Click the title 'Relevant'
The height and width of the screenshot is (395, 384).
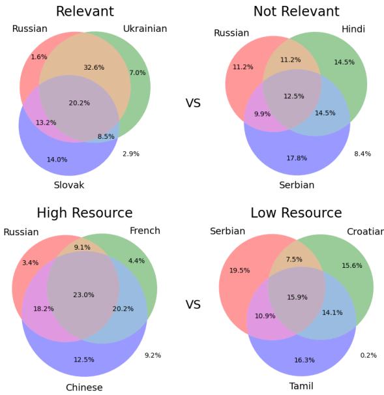coord(85,11)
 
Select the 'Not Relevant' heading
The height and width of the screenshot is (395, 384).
coord(296,11)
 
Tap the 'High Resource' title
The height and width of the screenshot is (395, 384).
coord(85,213)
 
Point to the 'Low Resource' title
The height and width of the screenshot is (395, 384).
coord(296,213)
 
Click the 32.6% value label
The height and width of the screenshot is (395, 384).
coord(93,67)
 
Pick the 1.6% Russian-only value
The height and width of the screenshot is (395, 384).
coord(38,57)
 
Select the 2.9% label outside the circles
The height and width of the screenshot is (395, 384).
coord(131,154)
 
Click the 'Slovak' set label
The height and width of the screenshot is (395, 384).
coord(68,185)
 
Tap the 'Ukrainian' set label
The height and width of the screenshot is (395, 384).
coord(145,29)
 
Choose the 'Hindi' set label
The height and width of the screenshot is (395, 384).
coord(353,29)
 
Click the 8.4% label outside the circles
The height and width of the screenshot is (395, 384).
coord(362,154)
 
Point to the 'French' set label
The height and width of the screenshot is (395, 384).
coord(145,231)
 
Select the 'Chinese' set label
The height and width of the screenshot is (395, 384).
coord(84,388)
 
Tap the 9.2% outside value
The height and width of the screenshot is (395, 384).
coord(153,355)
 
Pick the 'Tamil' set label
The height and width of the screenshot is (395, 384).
coord(301,387)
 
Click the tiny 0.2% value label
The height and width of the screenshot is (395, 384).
coord(368,355)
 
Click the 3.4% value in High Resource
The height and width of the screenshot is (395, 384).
coord(30,263)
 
